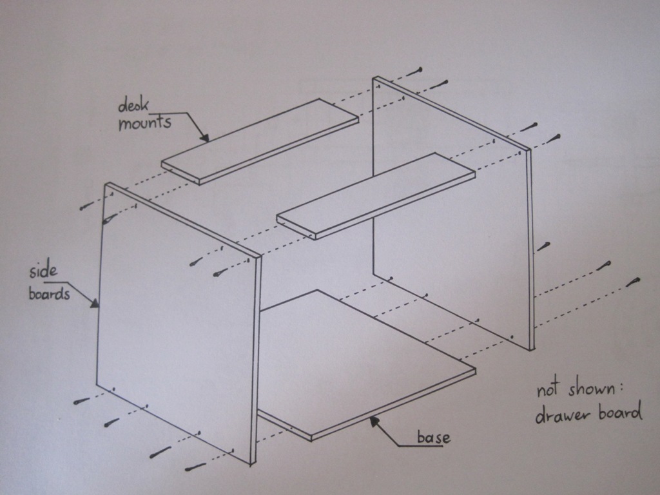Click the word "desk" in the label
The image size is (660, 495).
click(x=133, y=104)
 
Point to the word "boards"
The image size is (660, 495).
click(x=49, y=293)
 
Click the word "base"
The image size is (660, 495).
click(x=434, y=437)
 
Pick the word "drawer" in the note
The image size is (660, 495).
click(x=561, y=414)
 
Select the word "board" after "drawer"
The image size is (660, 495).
click(x=620, y=412)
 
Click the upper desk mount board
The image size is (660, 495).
click(x=260, y=141)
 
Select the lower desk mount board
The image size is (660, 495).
click(x=376, y=196)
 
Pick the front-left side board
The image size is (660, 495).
click(x=179, y=324)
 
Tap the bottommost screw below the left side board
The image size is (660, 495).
click(x=195, y=467)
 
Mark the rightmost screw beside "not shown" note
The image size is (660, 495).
click(x=633, y=282)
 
